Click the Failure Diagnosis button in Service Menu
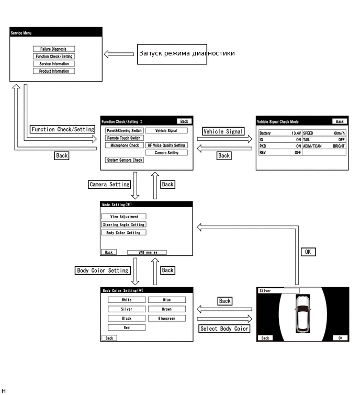point(53,49)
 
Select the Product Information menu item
point(53,71)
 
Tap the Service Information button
point(53,64)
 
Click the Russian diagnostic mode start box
point(172,53)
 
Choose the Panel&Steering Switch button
point(124,131)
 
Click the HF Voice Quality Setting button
point(166,145)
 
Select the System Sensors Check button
point(124,160)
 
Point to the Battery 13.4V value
point(295,133)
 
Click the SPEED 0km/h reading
point(338,133)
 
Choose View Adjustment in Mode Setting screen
point(124,217)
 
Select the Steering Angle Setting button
point(124,225)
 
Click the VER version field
point(147,252)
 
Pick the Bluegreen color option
point(166,318)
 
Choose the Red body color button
point(127,328)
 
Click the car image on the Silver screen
point(302,313)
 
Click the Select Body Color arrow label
point(224,329)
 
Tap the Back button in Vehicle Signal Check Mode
point(340,121)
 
